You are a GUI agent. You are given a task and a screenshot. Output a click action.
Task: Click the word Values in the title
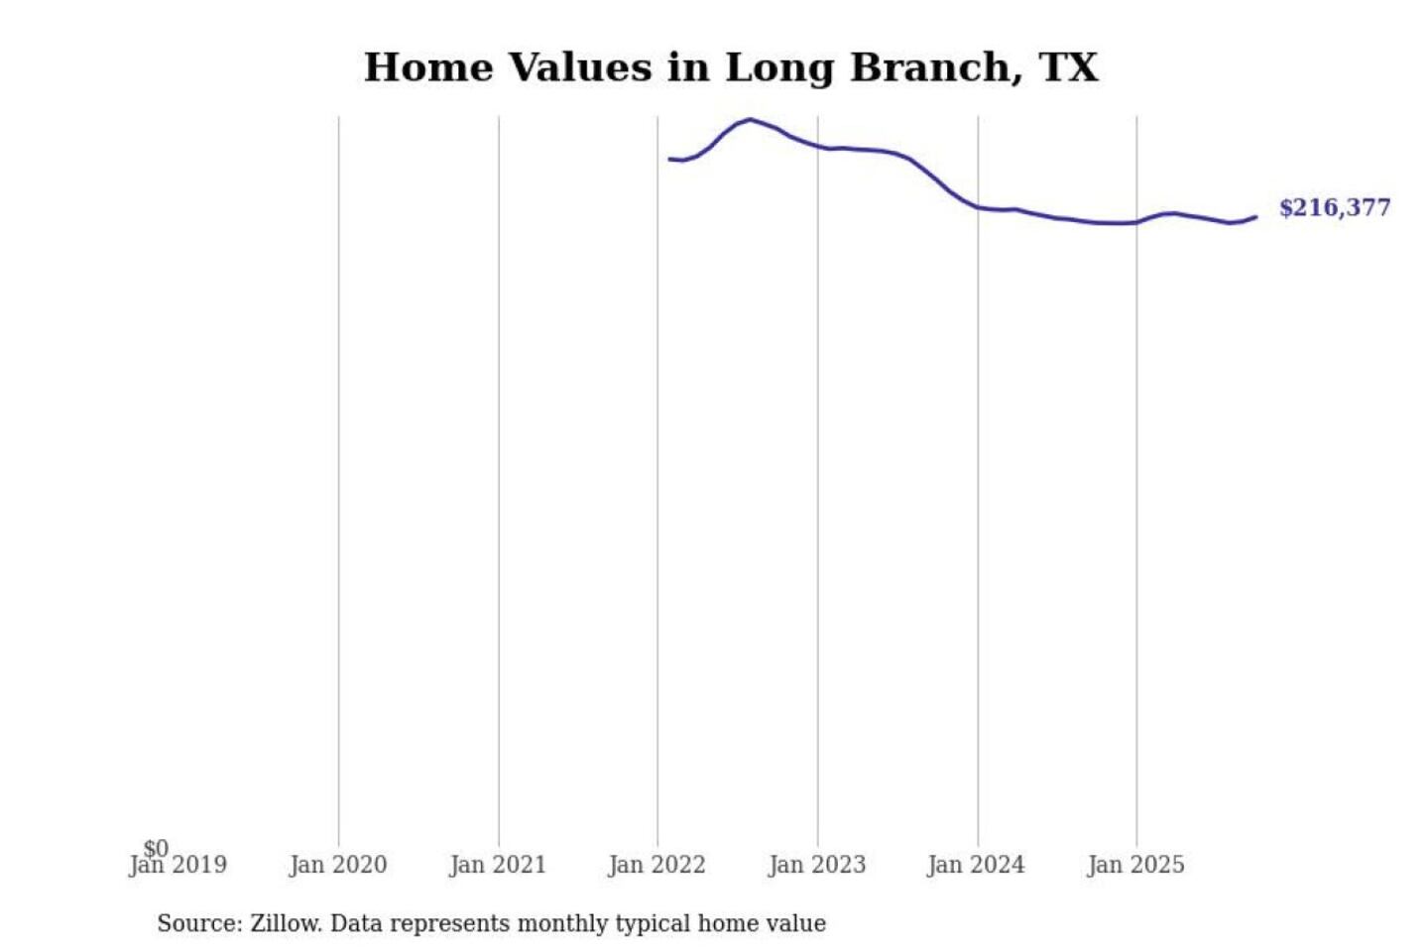(580, 67)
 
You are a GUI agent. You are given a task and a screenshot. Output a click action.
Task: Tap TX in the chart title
(1069, 67)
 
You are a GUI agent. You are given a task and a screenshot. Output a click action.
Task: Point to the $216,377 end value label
(1335, 207)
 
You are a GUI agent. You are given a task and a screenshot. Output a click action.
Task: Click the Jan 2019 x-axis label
(178, 865)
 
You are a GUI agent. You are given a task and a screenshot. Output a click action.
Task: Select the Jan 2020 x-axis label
(338, 865)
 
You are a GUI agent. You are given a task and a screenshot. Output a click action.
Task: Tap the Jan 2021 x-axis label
(498, 865)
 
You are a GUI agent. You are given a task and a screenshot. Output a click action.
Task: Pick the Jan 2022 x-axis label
(656, 865)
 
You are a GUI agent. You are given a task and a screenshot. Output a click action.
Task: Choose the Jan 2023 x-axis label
(817, 865)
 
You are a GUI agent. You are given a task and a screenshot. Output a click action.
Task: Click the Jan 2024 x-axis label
(976, 865)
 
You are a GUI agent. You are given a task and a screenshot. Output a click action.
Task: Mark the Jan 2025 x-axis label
(1135, 865)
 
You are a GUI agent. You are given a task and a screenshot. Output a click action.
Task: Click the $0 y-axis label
(156, 848)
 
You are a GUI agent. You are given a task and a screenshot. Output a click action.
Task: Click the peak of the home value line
(749, 120)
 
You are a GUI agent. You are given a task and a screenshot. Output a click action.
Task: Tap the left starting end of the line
(669, 159)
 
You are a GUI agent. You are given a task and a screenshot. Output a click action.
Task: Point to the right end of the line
(1255, 217)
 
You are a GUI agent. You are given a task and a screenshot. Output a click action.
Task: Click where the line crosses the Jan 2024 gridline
(978, 207)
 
